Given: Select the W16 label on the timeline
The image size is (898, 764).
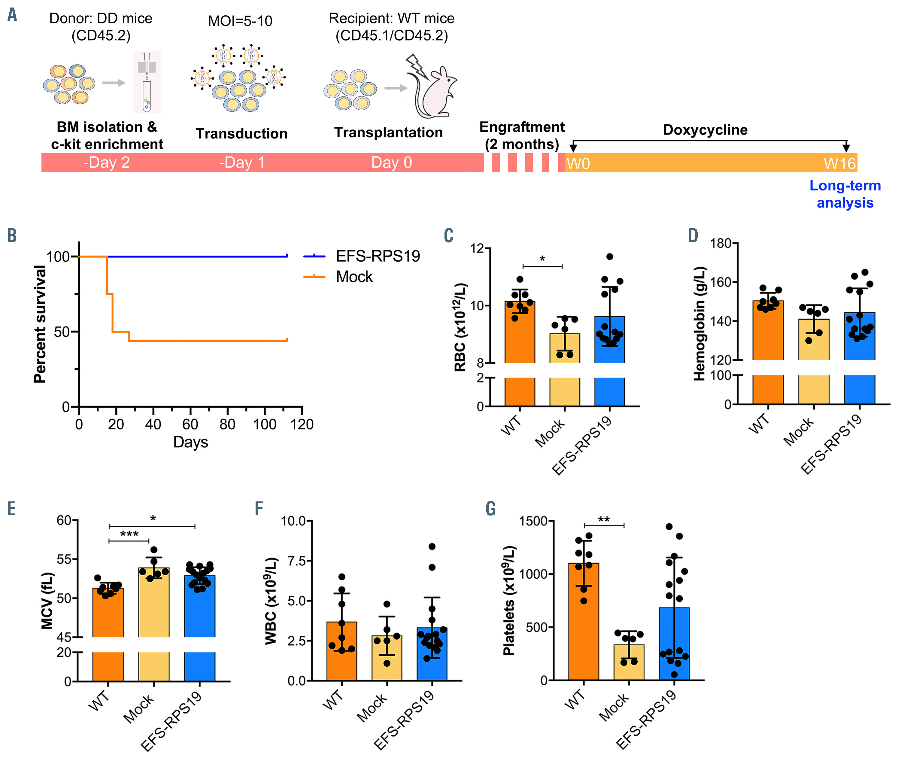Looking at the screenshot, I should pyautogui.click(x=839, y=163).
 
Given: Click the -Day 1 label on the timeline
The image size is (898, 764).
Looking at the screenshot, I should pyautogui.click(x=241, y=163).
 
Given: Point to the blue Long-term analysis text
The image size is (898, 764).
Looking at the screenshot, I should pyautogui.click(x=845, y=194).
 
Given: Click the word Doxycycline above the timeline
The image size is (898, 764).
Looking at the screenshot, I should pyautogui.click(x=705, y=129).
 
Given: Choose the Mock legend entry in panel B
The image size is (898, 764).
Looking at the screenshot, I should pyautogui.click(x=354, y=276).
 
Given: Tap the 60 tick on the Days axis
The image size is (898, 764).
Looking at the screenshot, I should pyautogui.click(x=190, y=424).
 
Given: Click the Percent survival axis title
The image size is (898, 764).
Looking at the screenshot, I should pyautogui.click(x=40, y=324).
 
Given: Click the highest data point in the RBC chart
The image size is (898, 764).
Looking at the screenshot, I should pyautogui.click(x=610, y=256).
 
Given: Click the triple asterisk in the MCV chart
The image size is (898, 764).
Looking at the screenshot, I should pyautogui.click(x=129, y=534).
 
